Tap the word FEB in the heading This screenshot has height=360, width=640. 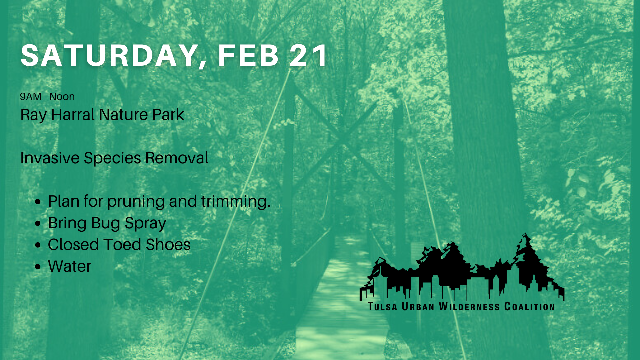click(x=248, y=55)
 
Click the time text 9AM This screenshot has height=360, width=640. click(x=31, y=97)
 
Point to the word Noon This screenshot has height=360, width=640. click(x=62, y=97)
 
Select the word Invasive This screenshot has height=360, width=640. click(x=50, y=158)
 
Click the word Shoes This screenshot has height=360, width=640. click(x=168, y=245)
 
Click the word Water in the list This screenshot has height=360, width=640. click(x=70, y=266)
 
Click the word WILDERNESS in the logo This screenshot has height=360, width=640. click(x=469, y=307)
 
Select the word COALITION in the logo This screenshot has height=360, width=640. click(x=530, y=307)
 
